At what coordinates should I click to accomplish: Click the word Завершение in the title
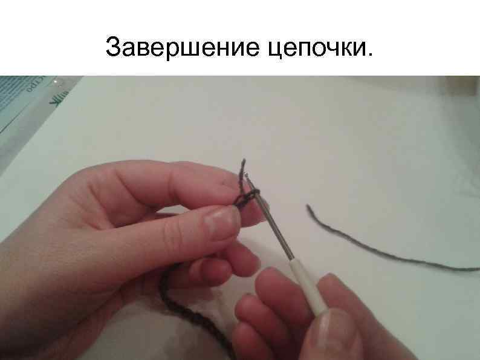[181, 47]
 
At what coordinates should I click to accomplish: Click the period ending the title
[370, 56]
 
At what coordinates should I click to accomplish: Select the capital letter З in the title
[113, 47]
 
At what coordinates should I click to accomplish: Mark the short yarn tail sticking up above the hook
[242, 168]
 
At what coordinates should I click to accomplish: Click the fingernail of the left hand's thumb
[221, 221]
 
